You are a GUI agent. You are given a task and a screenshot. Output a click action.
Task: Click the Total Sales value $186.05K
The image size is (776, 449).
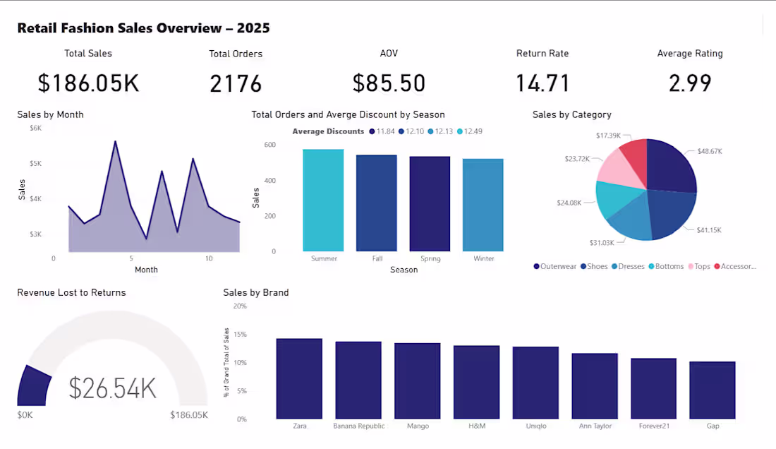[x=88, y=83]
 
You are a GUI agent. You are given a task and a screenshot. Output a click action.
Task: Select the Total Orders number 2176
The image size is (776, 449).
[x=236, y=83]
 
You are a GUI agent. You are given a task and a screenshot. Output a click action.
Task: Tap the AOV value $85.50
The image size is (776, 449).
[x=389, y=83]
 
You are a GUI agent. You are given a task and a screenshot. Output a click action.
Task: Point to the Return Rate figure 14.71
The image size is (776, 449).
[x=542, y=83]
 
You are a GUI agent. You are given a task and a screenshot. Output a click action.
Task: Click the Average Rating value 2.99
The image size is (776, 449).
[x=689, y=83]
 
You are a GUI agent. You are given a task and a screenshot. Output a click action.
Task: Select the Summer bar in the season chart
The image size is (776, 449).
[x=323, y=200]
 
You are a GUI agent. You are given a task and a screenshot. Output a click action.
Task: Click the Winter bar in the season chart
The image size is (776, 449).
[x=483, y=205]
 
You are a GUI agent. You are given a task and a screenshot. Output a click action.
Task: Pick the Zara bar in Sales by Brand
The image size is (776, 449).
[x=299, y=378]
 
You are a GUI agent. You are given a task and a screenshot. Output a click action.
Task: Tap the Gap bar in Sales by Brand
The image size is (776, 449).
[x=713, y=390]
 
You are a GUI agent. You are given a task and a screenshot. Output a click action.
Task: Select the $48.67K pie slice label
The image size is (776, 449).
[x=710, y=151]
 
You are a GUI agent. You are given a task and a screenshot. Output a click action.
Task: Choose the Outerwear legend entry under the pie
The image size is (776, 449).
[x=555, y=266]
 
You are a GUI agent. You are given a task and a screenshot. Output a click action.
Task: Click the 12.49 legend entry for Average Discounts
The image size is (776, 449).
[x=469, y=131]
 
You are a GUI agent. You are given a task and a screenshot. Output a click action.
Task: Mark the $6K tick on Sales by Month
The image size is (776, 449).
[x=35, y=128]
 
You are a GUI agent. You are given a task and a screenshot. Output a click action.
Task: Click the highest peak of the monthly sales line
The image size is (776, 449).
[x=115, y=141]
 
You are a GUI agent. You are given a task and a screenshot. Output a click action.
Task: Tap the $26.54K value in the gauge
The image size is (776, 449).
[x=113, y=388]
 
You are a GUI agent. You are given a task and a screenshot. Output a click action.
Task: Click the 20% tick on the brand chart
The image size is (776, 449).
[x=240, y=306]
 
